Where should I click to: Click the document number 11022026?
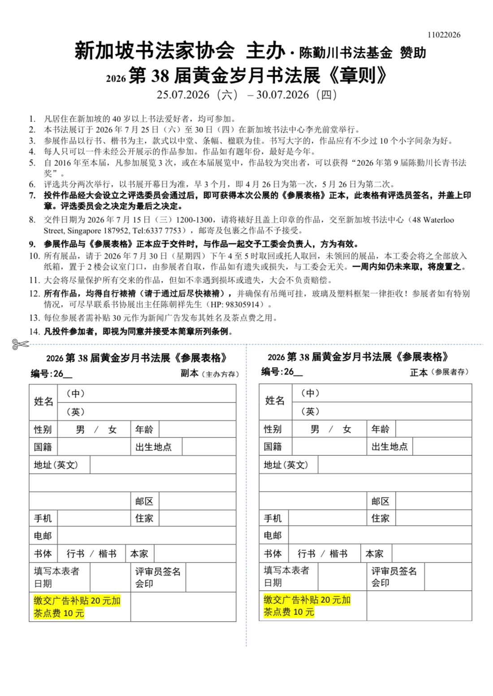click(x=444, y=35)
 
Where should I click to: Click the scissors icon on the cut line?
click(x=20, y=344)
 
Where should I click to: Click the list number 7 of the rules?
click(x=32, y=195)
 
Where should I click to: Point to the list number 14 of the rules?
click(x=35, y=332)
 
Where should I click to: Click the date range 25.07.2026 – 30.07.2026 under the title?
click(x=246, y=95)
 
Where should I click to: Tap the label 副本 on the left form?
click(x=190, y=374)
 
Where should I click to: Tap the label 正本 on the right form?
click(x=419, y=372)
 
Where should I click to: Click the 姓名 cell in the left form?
click(x=43, y=402)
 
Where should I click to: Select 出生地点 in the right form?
click(x=389, y=446)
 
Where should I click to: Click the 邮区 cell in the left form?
click(x=144, y=501)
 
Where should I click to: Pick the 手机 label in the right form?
click(x=273, y=519)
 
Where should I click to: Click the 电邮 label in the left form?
click(x=43, y=536)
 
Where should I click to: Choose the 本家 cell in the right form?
click(x=374, y=554)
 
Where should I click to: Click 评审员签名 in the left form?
click(x=158, y=571)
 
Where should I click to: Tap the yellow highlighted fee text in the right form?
click(x=307, y=606)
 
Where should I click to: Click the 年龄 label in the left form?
click(x=144, y=430)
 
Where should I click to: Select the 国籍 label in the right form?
click(x=273, y=446)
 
